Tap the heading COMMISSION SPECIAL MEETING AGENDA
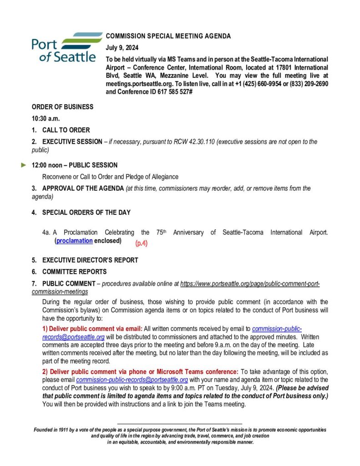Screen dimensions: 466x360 coord(168,36)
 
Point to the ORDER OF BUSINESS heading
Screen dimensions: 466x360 coord(62,107)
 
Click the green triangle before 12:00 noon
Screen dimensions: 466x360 coord(24,165)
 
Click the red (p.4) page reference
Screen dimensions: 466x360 coord(142,243)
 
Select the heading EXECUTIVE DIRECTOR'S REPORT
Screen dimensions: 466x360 coord(90,260)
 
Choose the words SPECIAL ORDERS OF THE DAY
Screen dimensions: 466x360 coord(86,212)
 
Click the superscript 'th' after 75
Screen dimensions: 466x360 coord(166,231)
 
